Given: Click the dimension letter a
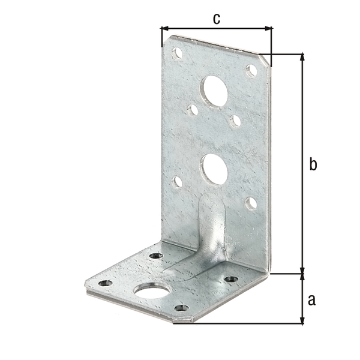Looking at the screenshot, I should pyautogui.click(x=311, y=299).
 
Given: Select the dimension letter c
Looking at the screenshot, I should pyautogui.click(x=217, y=19).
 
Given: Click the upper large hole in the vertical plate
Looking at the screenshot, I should pyautogui.click(x=215, y=91).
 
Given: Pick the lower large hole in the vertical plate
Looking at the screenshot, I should pyautogui.click(x=215, y=169).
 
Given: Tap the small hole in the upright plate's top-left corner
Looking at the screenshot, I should pyautogui.click(x=177, y=53).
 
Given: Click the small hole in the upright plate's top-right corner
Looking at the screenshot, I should pyautogui.click(x=251, y=70).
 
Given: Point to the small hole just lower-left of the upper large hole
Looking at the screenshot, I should pyautogui.click(x=193, y=110).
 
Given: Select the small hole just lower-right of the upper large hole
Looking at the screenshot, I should pyautogui.click(x=235, y=121).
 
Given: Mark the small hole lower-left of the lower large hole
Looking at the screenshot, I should pyautogui.click(x=178, y=181).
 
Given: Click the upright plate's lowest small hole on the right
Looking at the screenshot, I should pyautogui.click(x=251, y=203).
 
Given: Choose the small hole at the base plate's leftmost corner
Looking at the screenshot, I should pyautogui.click(x=105, y=283).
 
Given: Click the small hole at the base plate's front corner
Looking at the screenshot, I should pyautogui.click(x=181, y=308).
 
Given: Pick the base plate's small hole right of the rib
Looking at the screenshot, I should pyautogui.click(x=231, y=279).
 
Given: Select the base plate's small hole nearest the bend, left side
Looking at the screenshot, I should pyautogui.click(x=155, y=256).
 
